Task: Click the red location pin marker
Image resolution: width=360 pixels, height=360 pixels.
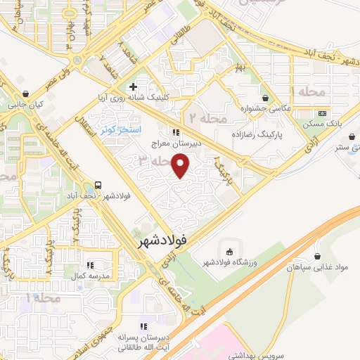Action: (x=182, y=166)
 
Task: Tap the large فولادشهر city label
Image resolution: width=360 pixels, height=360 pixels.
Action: (x=160, y=240)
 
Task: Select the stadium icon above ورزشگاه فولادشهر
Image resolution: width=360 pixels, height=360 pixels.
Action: (x=229, y=252)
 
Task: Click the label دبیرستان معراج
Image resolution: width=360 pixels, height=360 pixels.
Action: (x=175, y=143)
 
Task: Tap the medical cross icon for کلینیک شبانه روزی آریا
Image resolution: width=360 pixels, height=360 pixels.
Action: (x=131, y=87)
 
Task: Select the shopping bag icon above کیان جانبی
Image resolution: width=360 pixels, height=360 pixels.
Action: (x=25, y=93)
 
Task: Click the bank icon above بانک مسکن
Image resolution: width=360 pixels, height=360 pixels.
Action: (x=322, y=112)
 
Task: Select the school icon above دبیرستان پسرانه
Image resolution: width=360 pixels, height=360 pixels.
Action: (x=143, y=327)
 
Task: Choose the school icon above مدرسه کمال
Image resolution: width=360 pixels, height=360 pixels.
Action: (x=89, y=265)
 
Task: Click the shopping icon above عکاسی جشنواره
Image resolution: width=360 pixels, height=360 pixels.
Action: (x=265, y=98)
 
